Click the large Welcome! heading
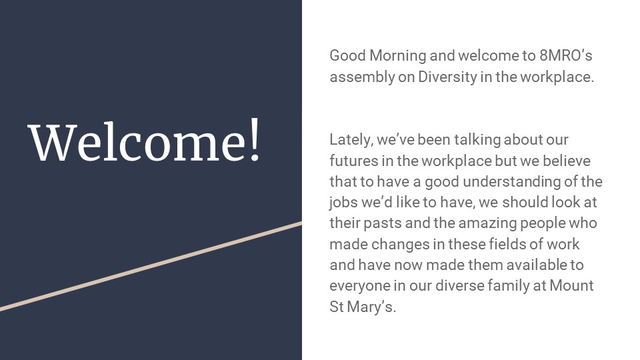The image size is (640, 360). [144, 141]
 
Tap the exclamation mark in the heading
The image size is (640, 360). [255, 141]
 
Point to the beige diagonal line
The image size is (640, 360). [151, 267]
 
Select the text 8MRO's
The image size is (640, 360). [566, 55]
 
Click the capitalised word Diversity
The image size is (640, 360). [447, 77]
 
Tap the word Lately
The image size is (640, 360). [351, 140]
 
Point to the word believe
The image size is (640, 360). [566, 161]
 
